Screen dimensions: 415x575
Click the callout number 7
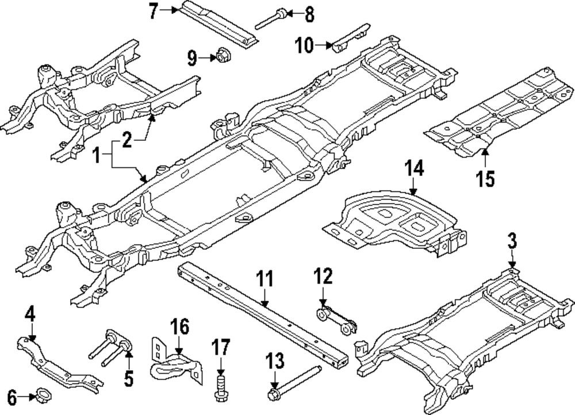coord(153,11)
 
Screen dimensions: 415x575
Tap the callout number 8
coord(309,14)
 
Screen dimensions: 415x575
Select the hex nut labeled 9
coord(221,56)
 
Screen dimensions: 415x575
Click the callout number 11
coord(264,280)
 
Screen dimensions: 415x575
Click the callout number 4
coord(30,314)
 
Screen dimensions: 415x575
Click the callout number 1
coord(97,155)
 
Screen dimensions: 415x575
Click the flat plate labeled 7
coord(218,23)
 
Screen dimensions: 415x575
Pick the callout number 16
coord(179,328)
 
